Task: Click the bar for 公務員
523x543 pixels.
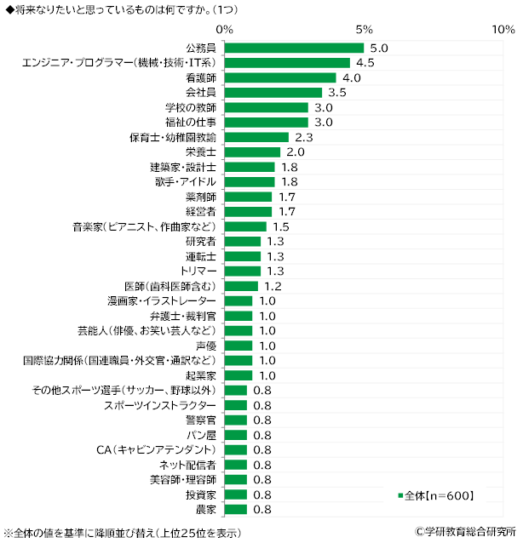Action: [294, 48]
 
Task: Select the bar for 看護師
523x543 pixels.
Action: [280, 77]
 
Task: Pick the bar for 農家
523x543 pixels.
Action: [236, 509]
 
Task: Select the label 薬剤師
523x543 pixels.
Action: [201, 197]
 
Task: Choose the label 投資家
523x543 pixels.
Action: [201, 494]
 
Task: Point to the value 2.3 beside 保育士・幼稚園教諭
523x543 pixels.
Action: [303, 137]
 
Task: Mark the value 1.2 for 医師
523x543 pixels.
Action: [273, 286]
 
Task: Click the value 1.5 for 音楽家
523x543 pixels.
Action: [281, 226]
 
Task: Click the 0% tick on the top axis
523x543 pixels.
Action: [225, 29]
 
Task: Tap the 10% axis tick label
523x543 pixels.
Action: [499, 29]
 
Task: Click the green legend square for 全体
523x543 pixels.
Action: [399, 494]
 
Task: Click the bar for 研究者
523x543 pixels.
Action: [243, 241]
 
